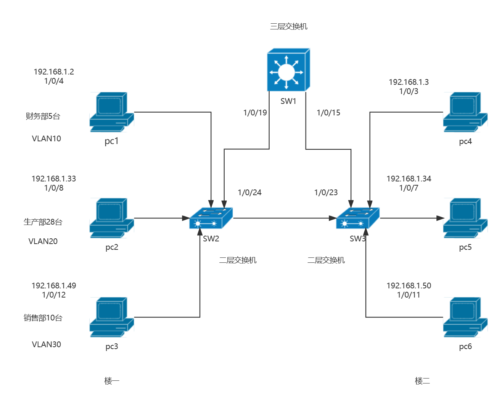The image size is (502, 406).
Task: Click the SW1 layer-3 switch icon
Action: pos(288,70)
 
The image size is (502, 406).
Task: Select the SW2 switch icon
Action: pos(211,218)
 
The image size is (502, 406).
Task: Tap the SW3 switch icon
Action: pos(357,218)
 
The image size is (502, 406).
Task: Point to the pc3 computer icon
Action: pos(111,317)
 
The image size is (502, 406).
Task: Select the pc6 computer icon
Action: pos(465,317)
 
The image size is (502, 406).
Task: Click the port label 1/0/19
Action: pos(255,113)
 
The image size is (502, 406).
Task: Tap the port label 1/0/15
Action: pos(328,113)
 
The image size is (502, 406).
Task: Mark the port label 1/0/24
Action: pos(249,192)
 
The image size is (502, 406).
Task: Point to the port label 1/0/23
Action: pos(326,192)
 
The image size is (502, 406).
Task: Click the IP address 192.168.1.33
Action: pos(54,179)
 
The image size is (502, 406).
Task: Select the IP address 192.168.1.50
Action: pos(409,286)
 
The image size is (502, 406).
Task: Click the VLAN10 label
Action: pos(47,139)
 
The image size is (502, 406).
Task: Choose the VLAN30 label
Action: pos(47,345)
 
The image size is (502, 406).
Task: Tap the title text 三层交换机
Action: pos(288,26)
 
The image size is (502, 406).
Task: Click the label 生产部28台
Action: pos(43,222)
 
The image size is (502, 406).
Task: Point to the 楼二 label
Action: pos(422,381)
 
